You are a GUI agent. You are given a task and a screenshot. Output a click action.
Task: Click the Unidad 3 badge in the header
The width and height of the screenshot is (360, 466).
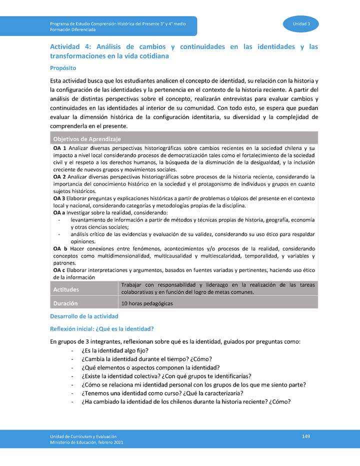[x=301, y=24]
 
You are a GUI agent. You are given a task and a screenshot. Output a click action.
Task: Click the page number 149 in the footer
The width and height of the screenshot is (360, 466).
[x=306, y=436]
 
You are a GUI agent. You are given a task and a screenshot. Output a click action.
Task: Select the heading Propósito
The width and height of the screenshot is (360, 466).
[x=63, y=67]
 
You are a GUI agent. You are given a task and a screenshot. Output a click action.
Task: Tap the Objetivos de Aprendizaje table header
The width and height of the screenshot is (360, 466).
[x=87, y=138]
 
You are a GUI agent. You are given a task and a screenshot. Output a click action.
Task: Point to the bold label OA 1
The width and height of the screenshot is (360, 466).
[x=60, y=149]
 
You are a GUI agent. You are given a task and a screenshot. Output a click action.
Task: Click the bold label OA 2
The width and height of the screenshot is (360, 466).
[x=60, y=177]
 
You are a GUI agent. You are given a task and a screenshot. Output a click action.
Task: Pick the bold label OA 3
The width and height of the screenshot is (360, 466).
[x=60, y=198]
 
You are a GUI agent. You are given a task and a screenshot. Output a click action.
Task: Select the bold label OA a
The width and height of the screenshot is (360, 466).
[x=59, y=212]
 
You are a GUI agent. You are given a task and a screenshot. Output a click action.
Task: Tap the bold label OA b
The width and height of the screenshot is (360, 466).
[x=60, y=248]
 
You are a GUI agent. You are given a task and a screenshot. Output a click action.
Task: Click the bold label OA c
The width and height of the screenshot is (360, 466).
[x=60, y=270]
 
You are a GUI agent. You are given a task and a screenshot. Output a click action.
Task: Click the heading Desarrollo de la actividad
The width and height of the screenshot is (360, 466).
[x=84, y=316]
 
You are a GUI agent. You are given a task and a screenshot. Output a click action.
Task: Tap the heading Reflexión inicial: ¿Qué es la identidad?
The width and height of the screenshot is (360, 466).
[x=101, y=328]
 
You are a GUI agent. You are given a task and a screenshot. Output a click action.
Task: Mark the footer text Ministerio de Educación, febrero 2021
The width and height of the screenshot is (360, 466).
[x=86, y=442]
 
